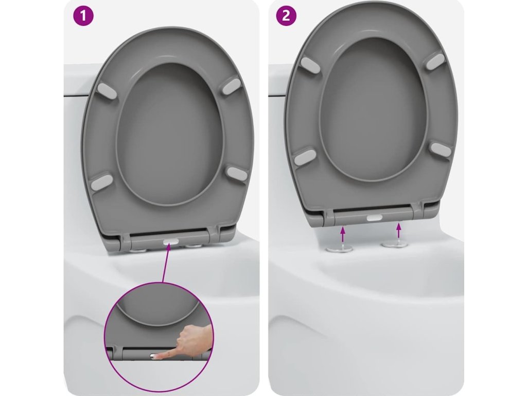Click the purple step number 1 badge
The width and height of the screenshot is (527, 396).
coord(83,15)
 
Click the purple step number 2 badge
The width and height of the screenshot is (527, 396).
coord(286,15)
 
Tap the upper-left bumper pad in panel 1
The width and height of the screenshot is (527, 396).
coord(107,91)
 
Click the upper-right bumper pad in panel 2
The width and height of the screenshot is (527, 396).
coord(434,61)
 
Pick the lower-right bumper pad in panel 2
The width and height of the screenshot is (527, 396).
coord(441,150)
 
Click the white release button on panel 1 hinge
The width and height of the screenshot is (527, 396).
coord(170,241)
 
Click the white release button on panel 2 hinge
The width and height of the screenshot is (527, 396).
coord(374,218)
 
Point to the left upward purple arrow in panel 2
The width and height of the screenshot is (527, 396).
coord(342,235)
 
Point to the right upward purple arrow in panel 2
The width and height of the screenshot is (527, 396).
coord(399,230)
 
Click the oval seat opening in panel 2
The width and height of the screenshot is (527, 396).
coord(374,109)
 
